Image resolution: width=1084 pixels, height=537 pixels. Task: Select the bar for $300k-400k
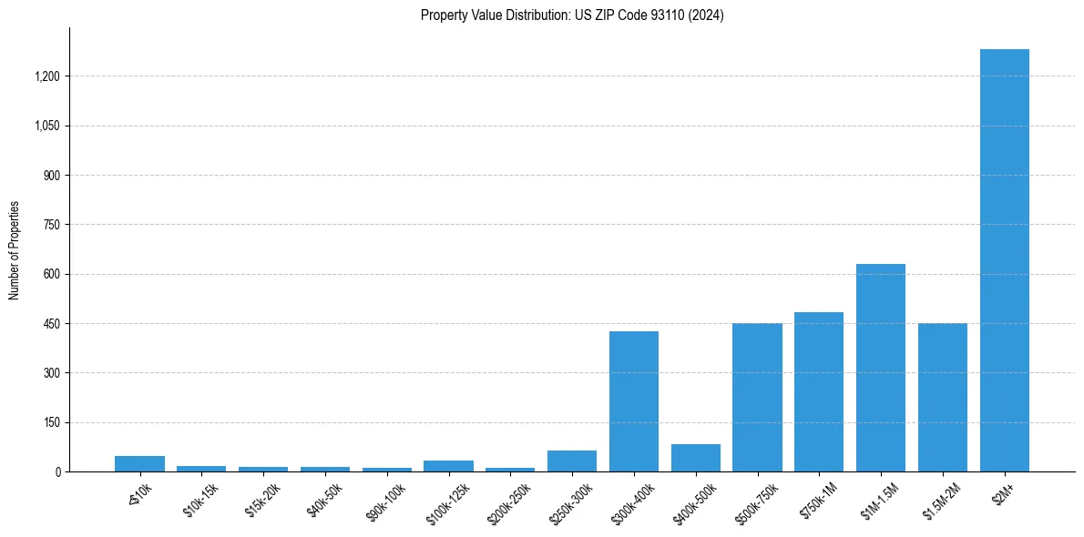[634, 401]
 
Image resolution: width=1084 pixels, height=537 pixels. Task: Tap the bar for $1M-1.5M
[881, 368]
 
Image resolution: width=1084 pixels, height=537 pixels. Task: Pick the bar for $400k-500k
[696, 458]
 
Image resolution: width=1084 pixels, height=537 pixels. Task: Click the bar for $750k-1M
[819, 392]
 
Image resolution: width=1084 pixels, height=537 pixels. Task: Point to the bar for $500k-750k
[757, 398]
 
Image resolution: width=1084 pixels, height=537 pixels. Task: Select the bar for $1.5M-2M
[943, 398]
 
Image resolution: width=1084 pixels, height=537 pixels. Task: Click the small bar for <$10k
[139, 464]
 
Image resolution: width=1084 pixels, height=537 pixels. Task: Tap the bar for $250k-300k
[572, 461]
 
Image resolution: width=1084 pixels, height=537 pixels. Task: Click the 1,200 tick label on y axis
[47, 76]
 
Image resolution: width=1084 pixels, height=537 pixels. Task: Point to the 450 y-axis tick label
[52, 324]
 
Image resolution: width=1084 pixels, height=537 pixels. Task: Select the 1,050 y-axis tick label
[47, 126]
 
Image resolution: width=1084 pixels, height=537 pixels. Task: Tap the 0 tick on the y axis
[57, 472]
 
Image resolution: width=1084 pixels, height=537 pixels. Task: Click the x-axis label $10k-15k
[200, 500]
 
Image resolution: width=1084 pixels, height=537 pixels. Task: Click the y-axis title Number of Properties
[15, 250]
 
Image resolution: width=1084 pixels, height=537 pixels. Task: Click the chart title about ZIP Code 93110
[572, 15]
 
